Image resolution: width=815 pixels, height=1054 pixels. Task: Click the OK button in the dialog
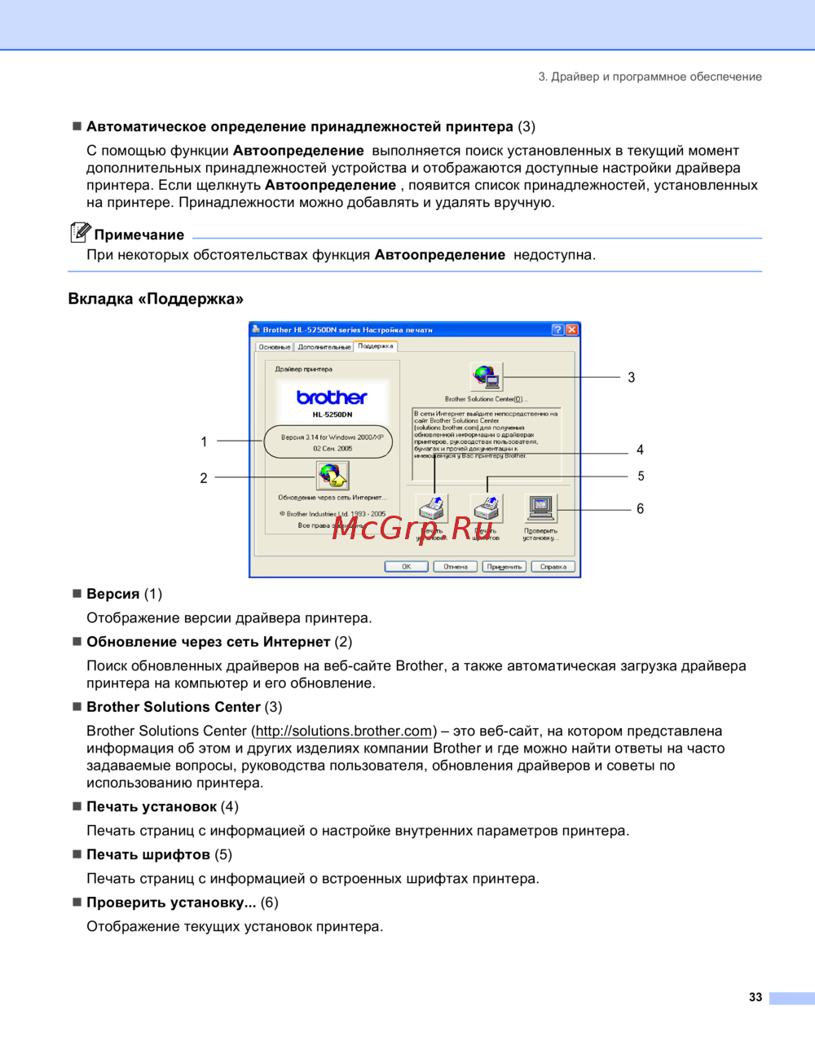point(406,567)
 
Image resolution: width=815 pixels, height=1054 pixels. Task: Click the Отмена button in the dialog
point(455,567)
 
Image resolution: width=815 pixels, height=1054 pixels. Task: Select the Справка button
point(553,567)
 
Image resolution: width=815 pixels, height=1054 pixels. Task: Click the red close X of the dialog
point(572,330)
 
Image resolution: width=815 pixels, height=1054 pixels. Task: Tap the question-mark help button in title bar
point(557,330)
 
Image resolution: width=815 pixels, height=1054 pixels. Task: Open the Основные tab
point(275,347)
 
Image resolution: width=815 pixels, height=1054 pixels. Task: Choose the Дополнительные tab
point(324,347)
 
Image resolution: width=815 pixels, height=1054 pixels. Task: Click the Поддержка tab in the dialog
point(376,346)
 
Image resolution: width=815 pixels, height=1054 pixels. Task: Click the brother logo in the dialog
point(332,397)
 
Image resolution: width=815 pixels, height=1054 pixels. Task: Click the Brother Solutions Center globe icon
point(486,377)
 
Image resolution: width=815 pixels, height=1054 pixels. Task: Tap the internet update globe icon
point(332,476)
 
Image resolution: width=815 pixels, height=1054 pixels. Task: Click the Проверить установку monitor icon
point(540,508)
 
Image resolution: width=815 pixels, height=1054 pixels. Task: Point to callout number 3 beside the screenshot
point(632,378)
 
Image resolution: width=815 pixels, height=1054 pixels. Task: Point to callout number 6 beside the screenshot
point(641,509)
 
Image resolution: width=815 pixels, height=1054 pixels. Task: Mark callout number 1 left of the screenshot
point(204,441)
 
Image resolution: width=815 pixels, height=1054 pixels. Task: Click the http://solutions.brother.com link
point(343,731)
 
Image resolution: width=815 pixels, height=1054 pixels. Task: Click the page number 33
point(756,998)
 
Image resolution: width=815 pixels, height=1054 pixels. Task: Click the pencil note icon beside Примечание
point(80,233)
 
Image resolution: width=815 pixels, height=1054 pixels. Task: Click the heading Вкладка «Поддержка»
point(156,299)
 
